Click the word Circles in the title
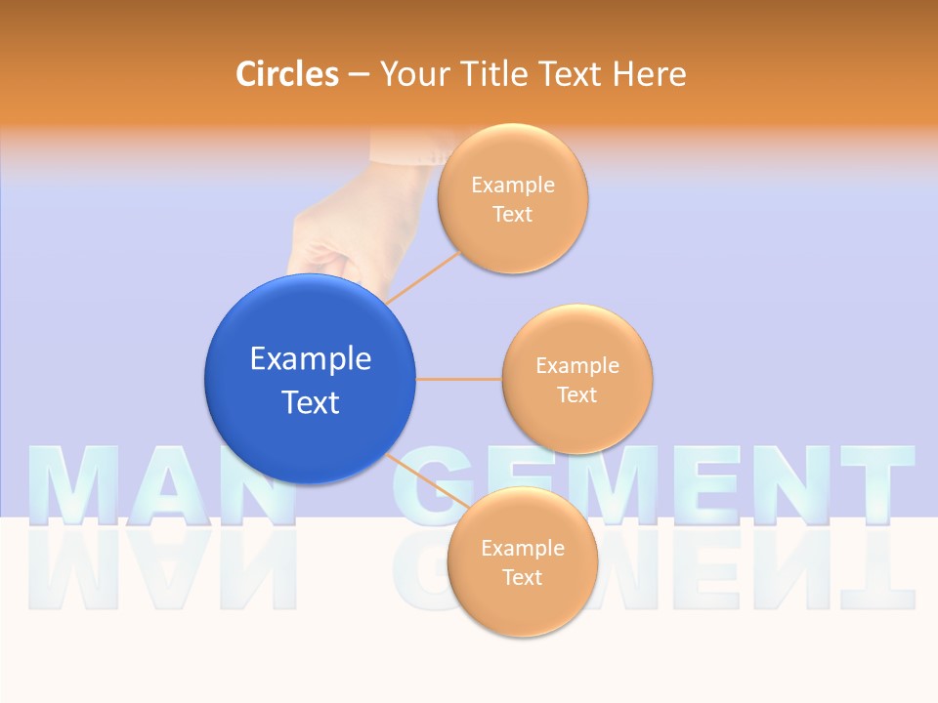(x=286, y=74)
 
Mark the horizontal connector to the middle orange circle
(x=459, y=379)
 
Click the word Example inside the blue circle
(x=311, y=359)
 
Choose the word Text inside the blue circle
(x=311, y=402)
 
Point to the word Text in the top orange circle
(x=512, y=215)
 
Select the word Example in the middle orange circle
(x=577, y=366)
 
